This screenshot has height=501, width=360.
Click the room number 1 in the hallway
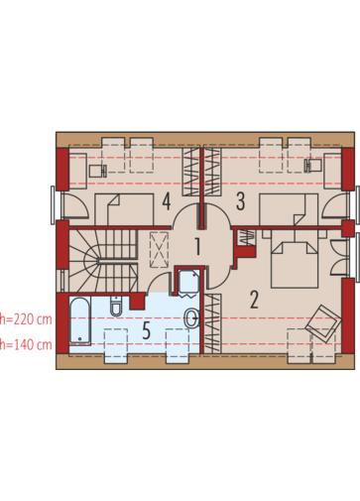click(x=197, y=246)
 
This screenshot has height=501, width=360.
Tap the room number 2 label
click(x=254, y=300)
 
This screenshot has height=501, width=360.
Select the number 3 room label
click(x=240, y=201)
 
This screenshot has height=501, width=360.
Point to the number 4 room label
click(x=167, y=201)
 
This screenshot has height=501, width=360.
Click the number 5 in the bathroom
click(x=147, y=330)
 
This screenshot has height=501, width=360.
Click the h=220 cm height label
click(x=26, y=319)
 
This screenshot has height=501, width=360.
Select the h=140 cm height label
click(x=26, y=345)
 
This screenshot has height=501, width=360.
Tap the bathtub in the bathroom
click(x=80, y=320)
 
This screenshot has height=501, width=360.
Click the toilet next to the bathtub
click(x=116, y=306)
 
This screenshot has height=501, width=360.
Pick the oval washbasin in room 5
click(x=192, y=318)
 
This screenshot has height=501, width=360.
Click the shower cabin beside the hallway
click(x=189, y=283)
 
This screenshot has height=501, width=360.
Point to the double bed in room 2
click(x=295, y=264)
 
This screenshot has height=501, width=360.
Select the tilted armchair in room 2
click(x=323, y=323)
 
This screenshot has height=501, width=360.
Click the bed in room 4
click(x=124, y=209)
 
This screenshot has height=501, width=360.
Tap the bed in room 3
click(x=289, y=209)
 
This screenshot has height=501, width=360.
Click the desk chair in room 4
click(x=98, y=171)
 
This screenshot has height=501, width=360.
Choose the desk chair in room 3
click(x=313, y=165)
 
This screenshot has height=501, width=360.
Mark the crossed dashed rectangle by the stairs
click(x=160, y=250)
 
